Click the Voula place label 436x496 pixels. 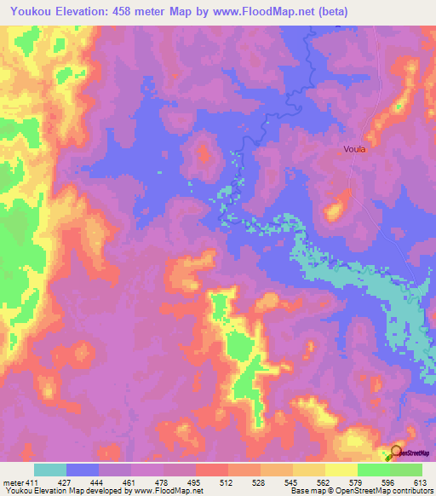pyautogui.click(x=354, y=148)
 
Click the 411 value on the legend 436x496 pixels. pyautogui.click(x=32, y=482)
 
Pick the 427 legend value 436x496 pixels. pyautogui.click(x=76, y=482)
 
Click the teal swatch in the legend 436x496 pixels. pyautogui.click(x=50, y=470)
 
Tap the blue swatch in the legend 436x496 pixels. pyautogui.click(x=83, y=470)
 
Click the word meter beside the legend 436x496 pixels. pyautogui.click(x=12, y=482)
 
